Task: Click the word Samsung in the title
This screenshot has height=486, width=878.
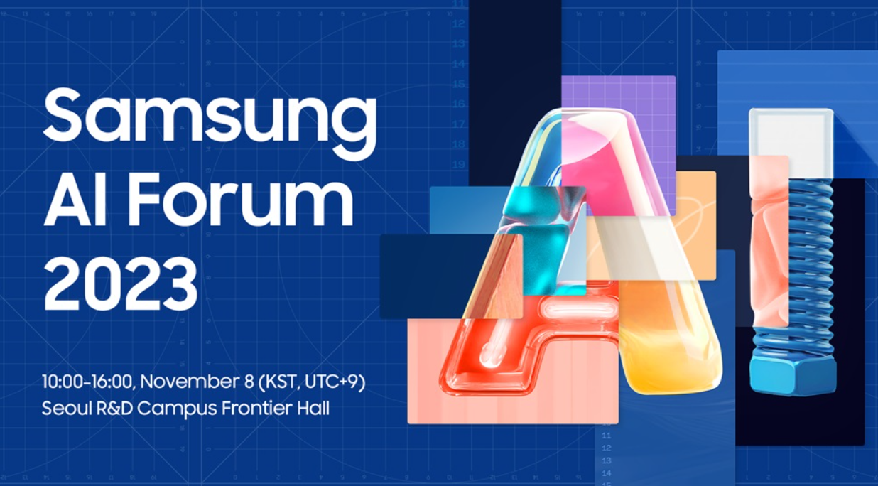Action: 210,121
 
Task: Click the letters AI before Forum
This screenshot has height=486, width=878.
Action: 78,199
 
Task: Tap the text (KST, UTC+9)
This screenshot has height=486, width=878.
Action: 312,382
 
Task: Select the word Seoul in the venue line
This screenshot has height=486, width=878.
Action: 67,409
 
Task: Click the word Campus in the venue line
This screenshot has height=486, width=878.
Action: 177,409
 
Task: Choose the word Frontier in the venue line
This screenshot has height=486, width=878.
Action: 256,409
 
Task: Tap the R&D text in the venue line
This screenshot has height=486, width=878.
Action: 115,409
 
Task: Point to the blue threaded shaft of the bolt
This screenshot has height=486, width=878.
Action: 811,266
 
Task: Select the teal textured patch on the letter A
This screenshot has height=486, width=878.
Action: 543,239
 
